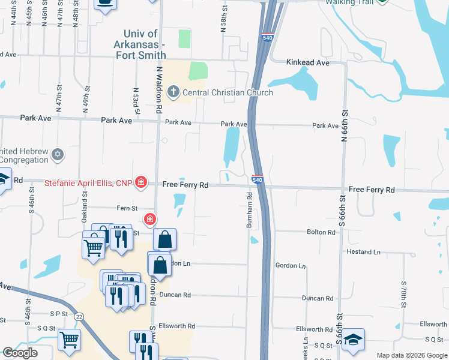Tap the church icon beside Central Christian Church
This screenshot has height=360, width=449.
173,92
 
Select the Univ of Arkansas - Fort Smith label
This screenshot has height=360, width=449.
140,44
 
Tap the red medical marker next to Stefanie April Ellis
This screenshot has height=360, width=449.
141,182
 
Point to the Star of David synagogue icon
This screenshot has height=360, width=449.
58,155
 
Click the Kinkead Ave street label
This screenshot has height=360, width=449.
308,62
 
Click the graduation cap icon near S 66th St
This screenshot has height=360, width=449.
354,340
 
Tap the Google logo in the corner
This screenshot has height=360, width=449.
20,353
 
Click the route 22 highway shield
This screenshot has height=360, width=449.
79,316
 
